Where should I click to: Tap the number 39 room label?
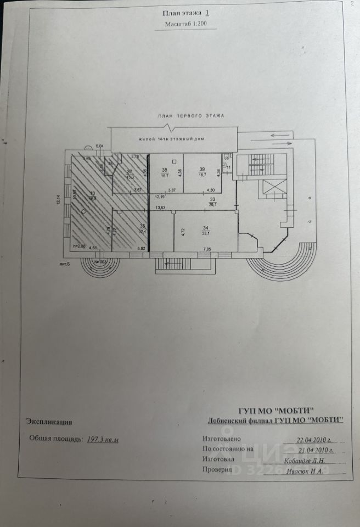[x=203, y=169]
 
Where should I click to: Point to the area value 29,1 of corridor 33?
[x=212, y=205]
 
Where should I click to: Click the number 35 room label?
[x=143, y=226]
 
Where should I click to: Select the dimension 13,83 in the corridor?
[x=161, y=208]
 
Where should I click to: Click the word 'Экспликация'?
[x=49, y=422]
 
